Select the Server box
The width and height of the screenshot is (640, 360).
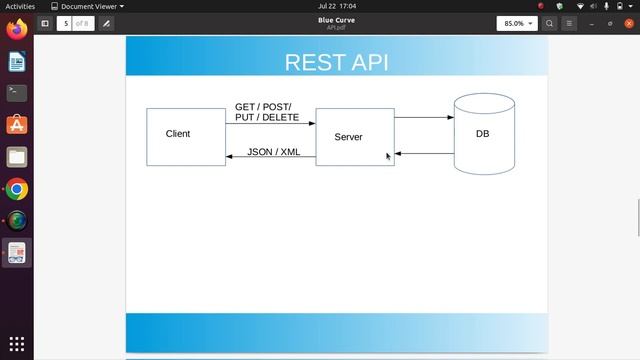pyautogui.click(x=355, y=137)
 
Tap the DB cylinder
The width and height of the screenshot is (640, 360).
pyautogui.click(x=483, y=134)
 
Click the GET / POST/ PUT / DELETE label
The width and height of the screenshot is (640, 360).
pyautogui.click(x=267, y=112)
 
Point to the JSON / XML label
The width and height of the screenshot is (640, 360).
pyautogui.click(x=274, y=152)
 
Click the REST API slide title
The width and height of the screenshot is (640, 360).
pyautogui.click(x=336, y=62)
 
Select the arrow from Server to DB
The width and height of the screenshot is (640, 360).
pyautogui.click(x=424, y=118)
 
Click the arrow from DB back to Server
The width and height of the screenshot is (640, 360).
pyautogui.click(x=424, y=154)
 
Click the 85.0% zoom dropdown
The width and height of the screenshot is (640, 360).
pyautogui.click(x=516, y=23)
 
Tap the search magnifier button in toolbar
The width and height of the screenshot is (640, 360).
pyautogui.click(x=550, y=23)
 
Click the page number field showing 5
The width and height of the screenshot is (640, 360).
pyautogui.click(x=65, y=23)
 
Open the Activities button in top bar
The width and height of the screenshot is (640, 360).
pyautogui.click(x=20, y=6)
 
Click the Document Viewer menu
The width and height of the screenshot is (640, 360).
pyautogui.click(x=88, y=6)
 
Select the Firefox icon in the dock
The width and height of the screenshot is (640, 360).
pyautogui.click(x=17, y=30)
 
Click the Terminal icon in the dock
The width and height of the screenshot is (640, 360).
pyautogui.click(x=17, y=93)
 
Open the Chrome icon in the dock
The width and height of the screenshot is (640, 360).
pyautogui.click(x=17, y=189)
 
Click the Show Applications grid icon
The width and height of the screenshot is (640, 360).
pyautogui.click(x=17, y=344)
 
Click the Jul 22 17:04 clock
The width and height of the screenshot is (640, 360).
pyautogui.click(x=336, y=6)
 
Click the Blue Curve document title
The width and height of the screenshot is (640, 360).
pyautogui.click(x=336, y=19)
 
